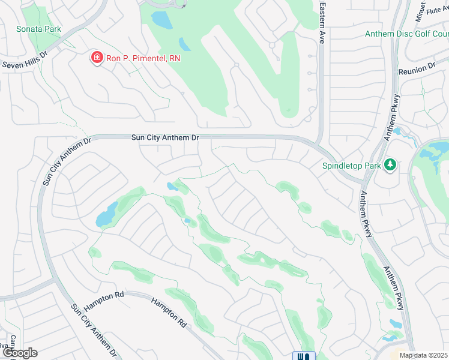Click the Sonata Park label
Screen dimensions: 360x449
[38, 29]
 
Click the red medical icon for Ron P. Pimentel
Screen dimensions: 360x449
[95, 58]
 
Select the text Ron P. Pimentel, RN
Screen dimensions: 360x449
[142, 58]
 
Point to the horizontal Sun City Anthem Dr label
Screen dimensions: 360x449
[165, 138]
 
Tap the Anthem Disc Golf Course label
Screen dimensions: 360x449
[406, 34]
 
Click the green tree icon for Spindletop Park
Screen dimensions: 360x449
[390, 164]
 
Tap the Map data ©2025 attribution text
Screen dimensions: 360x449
[423, 355]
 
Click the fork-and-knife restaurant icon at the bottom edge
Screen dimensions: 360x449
[304, 356]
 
